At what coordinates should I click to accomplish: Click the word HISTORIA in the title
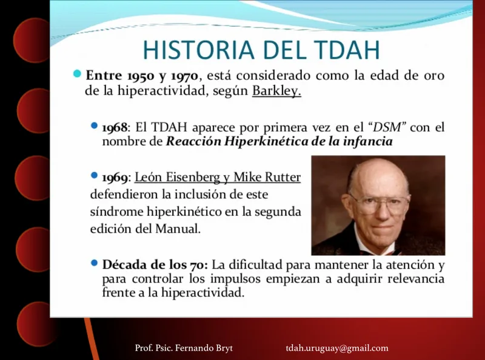tap(199, 50)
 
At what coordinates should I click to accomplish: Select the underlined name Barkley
tap(276, 92)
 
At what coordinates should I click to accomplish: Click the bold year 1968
tap(115, 127)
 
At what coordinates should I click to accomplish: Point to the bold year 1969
tap(115, 178)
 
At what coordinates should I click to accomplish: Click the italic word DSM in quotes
tap(387, 127)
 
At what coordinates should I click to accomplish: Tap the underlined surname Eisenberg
tap(193, 178)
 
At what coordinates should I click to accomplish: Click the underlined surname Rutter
tap(283, 177)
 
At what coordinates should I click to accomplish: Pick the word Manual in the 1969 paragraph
tap(178, 229)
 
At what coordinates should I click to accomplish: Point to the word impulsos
tap(236, 279)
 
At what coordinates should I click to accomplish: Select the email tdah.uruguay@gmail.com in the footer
tap(337, 348)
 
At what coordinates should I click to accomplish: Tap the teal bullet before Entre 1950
tap(77, 74)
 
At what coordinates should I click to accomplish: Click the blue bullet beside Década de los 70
tap(95, 263)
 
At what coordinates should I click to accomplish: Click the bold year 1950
tap(141, 76)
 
